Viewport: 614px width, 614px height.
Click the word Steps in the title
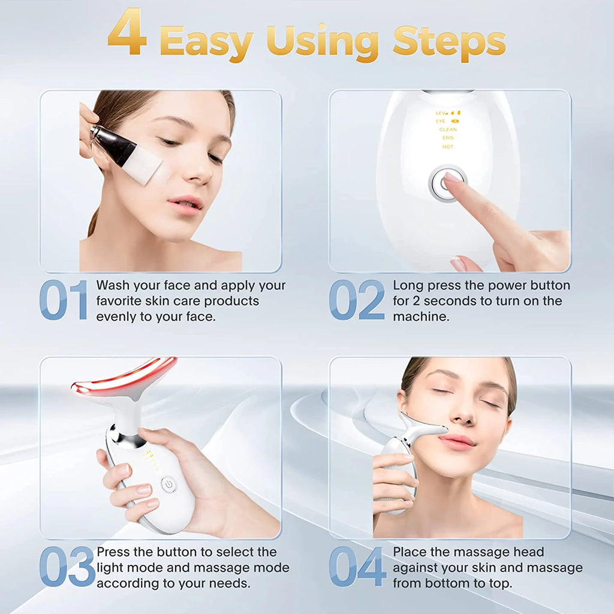449,42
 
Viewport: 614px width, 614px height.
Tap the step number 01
64,300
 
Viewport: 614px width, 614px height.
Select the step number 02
357,300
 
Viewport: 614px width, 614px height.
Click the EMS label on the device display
448,138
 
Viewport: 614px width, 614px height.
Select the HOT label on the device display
448,146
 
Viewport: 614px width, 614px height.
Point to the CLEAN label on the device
448,130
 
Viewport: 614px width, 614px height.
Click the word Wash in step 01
115,285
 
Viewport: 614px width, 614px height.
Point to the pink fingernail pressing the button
452,177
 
